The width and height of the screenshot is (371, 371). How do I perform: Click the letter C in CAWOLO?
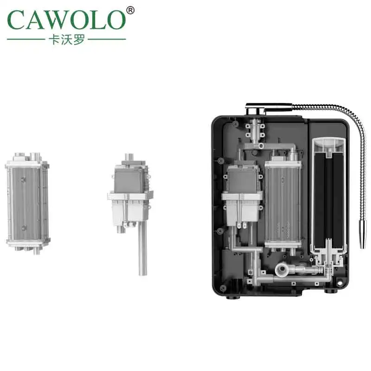tap(17, 19)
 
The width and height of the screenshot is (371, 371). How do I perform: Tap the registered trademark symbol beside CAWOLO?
tap(130, 10)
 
